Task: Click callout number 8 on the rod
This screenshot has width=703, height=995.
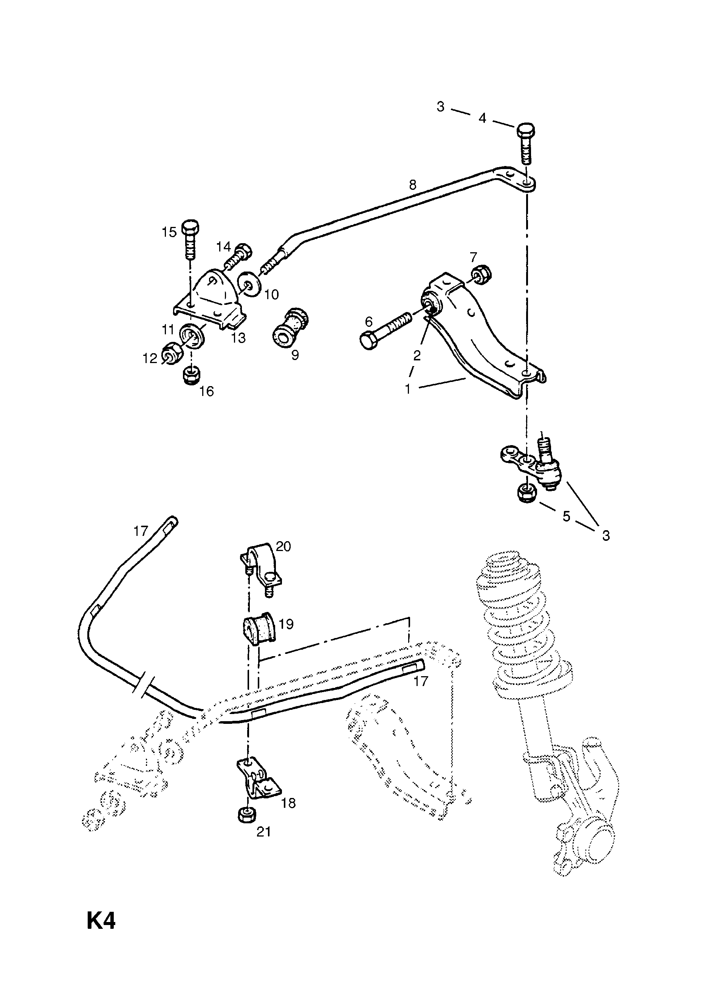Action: pos(412,185)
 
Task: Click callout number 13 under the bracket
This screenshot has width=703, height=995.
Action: pos(238,338)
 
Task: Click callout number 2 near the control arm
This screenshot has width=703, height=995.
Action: pos(417,356)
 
